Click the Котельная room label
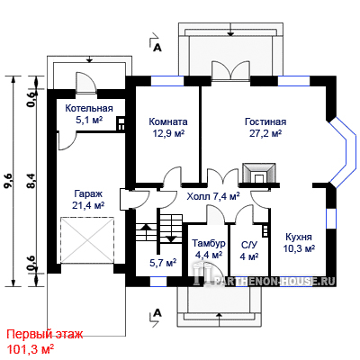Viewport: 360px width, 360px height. pyautogui.click(x=89, y=108)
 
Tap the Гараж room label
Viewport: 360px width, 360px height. pyautogui.click(x=88, y=193)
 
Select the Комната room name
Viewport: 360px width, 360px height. pyautogui.click(x=168, y=121)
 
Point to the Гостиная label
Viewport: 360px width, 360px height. pyautogui.click(x=265, y=121)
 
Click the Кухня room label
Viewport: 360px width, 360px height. pyautogui.click(x=299, y=237)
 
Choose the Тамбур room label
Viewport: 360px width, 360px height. pyautogui.click(x=209, y=243)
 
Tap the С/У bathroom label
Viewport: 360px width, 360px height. pyautogui.click(x=249, y=245)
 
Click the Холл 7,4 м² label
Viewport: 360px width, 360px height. pyautogui.click(x=213, y=197)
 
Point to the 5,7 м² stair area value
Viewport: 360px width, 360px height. pyautogui.click(x=163, y=263)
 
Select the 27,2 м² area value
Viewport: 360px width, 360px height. pyautogui.click(x=265, y=133)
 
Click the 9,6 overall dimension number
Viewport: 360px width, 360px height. pyautogui.click(x=8, y=181)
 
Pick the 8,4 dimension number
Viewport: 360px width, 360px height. pyautogui.click(x=31, y=181)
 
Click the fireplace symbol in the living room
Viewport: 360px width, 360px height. pyautogui.click(x=259, y=174)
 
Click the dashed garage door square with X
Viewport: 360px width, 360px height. pyautogui.click(x=87, y=240)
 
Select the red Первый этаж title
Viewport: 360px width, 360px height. pyautogui.click(x=45, y=334)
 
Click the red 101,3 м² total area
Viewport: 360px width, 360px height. pyautogui.click(x=31, y=349)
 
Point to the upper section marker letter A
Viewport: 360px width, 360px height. pyautogui.click(x=157, y=48)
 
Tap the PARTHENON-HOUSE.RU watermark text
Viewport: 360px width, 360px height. pyautogui.click(x=275, y=281)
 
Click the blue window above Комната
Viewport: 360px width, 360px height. pyautogui.click(x=167, y=81)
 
